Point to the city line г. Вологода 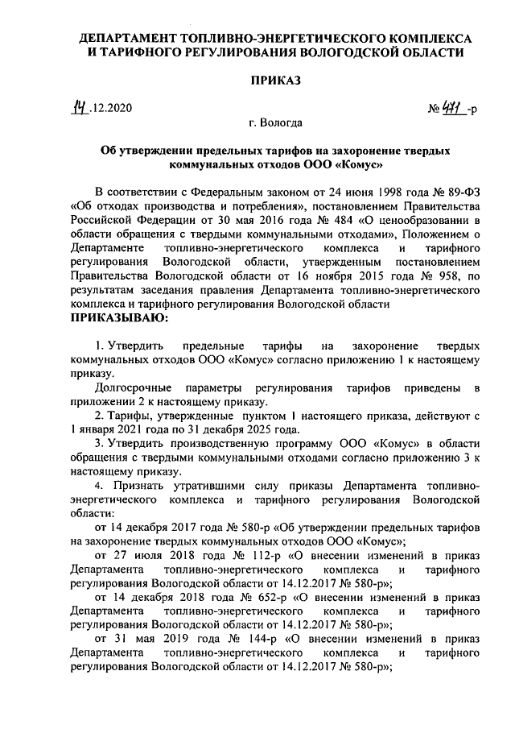coord(275,124)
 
